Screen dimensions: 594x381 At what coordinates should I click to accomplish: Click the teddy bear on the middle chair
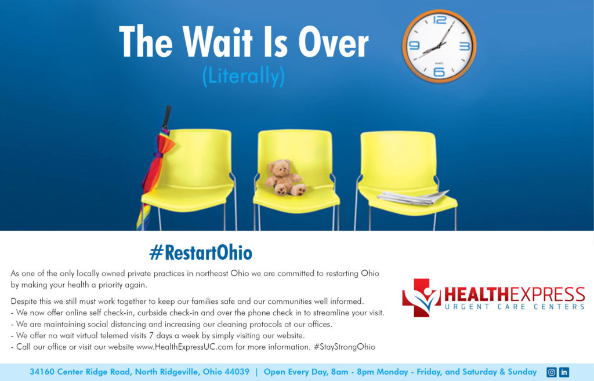click(285, 177)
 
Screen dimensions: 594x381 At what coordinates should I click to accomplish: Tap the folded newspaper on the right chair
click(413, 197)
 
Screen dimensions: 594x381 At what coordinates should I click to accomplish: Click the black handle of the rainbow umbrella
click(166, 117)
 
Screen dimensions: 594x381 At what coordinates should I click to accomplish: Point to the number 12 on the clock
click(440, 20)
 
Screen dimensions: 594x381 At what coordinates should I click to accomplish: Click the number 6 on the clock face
click(439, 71)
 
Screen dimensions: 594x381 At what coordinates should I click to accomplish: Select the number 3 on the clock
click(465, 46)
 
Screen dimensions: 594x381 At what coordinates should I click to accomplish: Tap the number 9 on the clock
click(414, 45)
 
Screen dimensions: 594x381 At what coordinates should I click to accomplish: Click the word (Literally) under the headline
click(243, 76)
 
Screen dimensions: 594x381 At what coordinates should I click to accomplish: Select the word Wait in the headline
click(218, 41)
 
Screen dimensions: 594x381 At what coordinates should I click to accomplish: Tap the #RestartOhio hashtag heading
click(201, 253)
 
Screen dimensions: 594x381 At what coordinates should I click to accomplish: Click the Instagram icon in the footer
click(552, 372)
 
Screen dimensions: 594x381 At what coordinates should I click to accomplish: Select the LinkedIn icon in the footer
click(564, 372)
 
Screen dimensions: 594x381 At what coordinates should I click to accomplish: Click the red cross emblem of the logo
click(421, 297)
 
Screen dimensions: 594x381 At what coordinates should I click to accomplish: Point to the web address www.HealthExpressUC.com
click(184, 347)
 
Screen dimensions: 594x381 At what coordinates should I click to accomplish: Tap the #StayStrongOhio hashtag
click(345, 347)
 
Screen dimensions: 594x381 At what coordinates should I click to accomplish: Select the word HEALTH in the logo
click(477, 295)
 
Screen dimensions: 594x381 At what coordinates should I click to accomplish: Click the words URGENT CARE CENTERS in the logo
click(515, 306)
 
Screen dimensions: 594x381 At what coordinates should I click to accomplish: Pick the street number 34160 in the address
click(42, 372)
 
